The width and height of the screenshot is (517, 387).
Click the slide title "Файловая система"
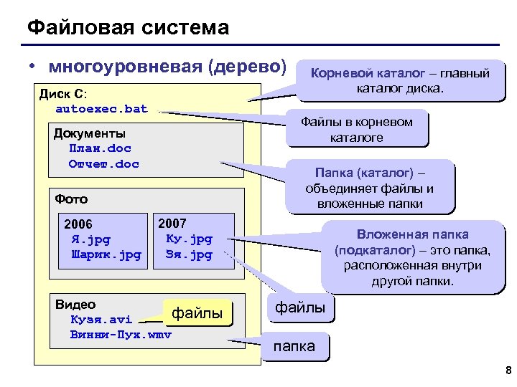(x=128, y=28)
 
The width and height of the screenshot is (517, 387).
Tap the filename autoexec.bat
(x=101, y=109)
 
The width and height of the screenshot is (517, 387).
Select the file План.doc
(x=100, y=149)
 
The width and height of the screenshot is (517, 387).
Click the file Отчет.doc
(x=103, y=164)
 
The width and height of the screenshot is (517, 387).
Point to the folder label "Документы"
(x=89, y=133)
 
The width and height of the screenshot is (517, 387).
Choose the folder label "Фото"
(x=71, y=199)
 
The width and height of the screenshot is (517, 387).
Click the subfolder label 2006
(x=78, y=224)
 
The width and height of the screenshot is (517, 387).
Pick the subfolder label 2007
(x=172, y=224)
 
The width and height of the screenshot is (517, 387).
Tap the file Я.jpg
(x=90, y=239)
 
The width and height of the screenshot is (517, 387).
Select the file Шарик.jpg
(x=106, y=254)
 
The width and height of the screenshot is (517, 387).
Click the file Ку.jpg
(x=189, y=239)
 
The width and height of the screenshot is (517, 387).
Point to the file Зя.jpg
(x=189, y=254)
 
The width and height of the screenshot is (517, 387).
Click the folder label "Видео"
(x=75, y=305)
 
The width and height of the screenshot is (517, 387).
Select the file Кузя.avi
(x=101, y=319)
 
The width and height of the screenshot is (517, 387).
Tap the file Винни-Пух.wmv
(x=121, y=334)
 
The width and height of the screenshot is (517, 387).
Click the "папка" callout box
(x=294, y=347)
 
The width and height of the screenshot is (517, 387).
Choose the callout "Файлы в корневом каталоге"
(x=356, y=129)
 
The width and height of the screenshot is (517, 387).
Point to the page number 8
(x=508, y=371)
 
